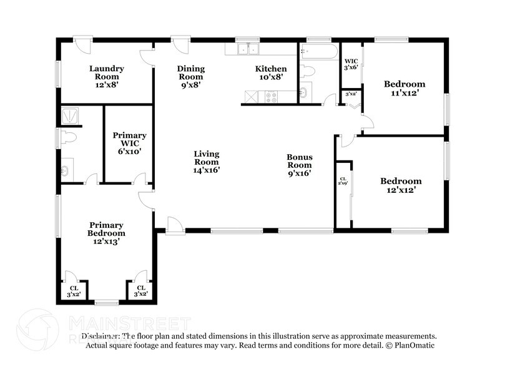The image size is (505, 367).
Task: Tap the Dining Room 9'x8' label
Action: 190,77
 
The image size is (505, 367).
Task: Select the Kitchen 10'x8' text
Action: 271,72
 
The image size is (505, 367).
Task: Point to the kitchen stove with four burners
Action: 272,97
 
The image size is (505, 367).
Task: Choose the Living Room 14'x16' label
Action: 206,162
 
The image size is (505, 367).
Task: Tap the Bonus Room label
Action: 298,165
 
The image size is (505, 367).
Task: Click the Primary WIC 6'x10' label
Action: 129,143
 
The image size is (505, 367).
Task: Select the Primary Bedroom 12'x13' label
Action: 105,233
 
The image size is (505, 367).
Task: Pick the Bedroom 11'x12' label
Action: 404,88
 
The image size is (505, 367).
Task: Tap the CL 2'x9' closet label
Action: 343,181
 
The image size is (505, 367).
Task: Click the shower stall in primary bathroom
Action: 68,115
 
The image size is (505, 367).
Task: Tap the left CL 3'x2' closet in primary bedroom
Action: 74,290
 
